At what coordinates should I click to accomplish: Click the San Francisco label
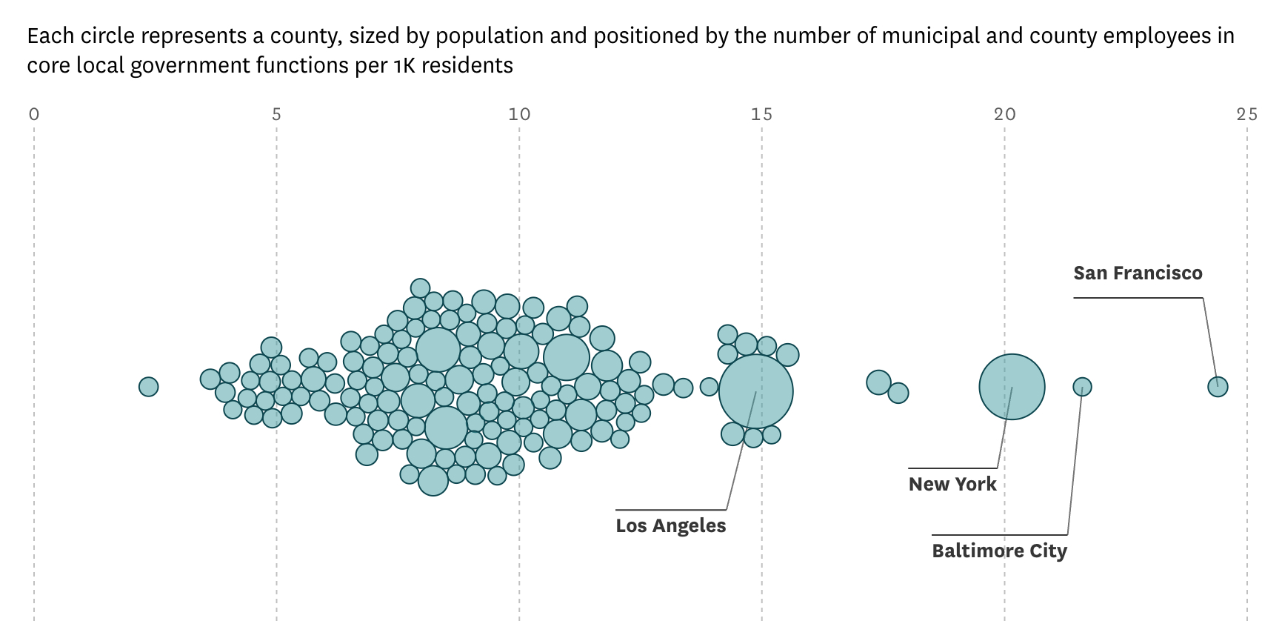coord(1138,273)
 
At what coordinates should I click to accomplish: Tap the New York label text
coord(952,485)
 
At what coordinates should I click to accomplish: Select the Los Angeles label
coord(670,526)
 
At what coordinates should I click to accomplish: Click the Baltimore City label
coord(999,551)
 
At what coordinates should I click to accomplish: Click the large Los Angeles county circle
coord(755,391)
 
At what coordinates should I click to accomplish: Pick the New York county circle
coord(1012,387)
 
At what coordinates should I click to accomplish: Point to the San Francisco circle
coord(1218,387)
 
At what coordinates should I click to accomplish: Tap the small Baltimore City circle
coord(1082,387)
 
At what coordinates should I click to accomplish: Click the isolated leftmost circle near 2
coord(149,387)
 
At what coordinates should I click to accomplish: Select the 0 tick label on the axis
coord(34,114)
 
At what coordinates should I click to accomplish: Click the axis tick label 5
coord(276,114)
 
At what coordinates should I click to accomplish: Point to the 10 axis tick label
coord(519,114)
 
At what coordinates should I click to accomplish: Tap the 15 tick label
coord(761,114)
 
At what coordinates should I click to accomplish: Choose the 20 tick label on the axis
coord(1004,114)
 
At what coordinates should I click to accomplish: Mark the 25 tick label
coord(1246,114)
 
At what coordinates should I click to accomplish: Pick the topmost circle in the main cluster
coord(420,288)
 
